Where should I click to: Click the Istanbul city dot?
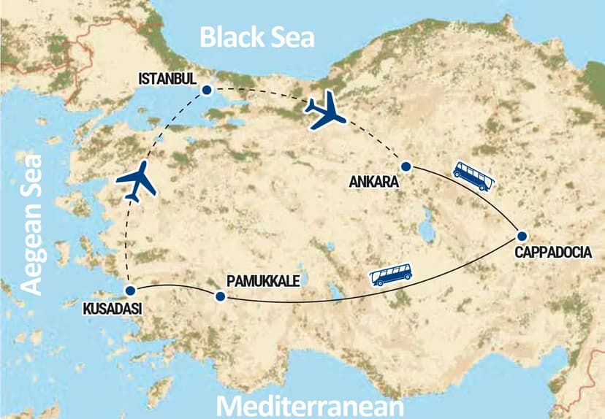click(207, 91)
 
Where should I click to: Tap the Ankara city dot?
click(406, 166)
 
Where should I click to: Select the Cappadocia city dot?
click(522, 236)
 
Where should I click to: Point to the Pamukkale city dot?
click(219, 296)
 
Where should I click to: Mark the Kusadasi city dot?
click(129, 290)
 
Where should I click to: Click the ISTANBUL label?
click(167, 78)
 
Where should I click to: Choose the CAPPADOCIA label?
click(559, 253)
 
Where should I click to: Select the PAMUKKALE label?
click(263, 280)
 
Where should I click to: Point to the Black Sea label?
click(257, 36)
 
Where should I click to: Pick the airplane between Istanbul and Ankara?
click(326, 112)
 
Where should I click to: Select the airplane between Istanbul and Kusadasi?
click(137, 182)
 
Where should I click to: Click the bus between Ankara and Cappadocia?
click(473, 175)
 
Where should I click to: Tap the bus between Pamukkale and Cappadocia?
click(391, 274)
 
